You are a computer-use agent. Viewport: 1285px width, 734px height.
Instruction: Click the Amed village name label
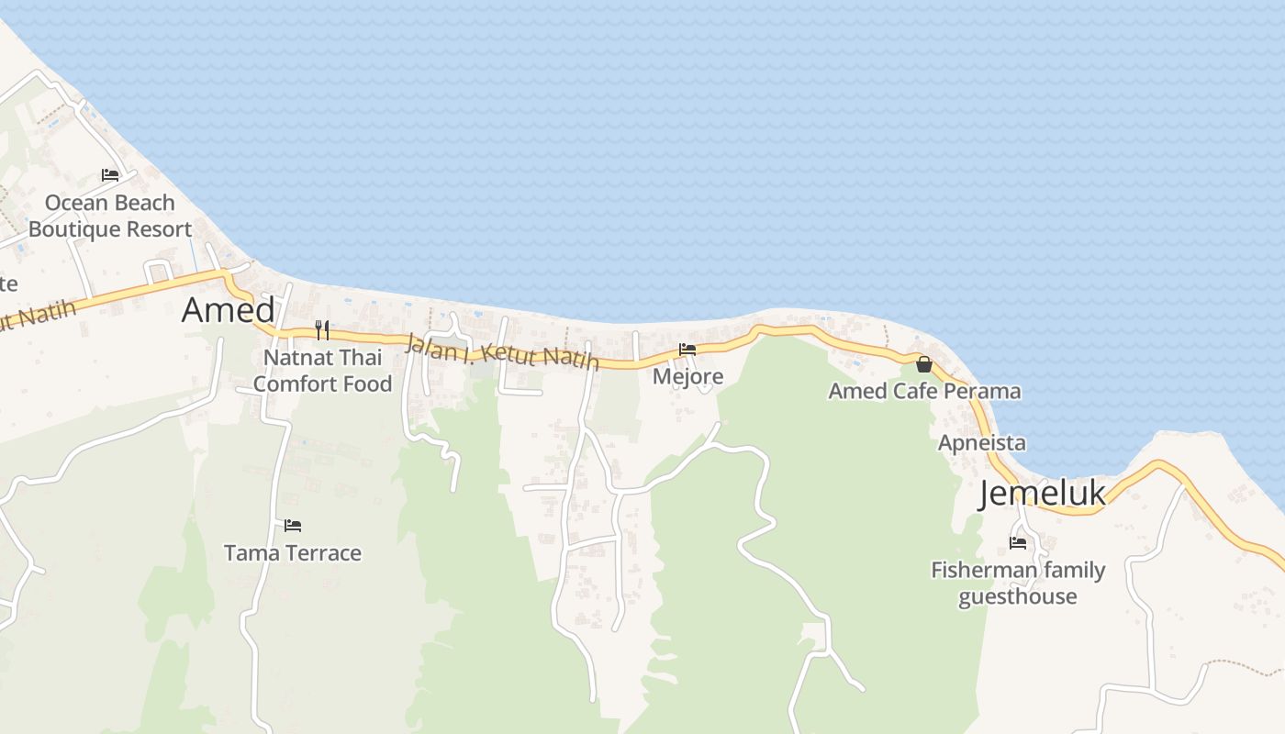229,310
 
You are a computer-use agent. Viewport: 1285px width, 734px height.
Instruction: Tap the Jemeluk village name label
1042,494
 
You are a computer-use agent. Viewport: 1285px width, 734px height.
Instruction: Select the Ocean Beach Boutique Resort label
110,216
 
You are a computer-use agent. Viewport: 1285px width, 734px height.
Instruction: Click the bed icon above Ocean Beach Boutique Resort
110,174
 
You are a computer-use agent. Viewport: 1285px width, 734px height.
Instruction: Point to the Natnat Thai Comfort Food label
323,370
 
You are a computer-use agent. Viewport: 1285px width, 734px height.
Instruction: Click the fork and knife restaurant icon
322,330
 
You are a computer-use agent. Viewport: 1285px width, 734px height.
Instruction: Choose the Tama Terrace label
293,553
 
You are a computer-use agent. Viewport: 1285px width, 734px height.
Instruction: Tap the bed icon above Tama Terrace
293,526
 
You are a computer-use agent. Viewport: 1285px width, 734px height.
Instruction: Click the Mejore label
687,376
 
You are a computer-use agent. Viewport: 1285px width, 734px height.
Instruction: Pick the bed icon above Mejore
687,349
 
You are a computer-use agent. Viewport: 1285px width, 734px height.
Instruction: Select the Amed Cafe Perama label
924,391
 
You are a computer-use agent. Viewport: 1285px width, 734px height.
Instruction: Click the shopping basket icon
924,364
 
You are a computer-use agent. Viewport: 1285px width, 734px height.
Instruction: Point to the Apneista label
982,443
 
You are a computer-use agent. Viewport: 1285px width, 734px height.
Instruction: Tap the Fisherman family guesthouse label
1018,583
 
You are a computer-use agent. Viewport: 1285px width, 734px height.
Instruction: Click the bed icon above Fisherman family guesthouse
1018,543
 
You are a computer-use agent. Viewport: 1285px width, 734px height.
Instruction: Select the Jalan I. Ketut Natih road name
502,351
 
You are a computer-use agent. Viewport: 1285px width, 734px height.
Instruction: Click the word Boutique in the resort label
74,229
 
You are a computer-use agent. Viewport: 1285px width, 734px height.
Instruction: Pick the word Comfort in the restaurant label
293,384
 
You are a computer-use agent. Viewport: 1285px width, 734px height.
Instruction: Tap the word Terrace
322,553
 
